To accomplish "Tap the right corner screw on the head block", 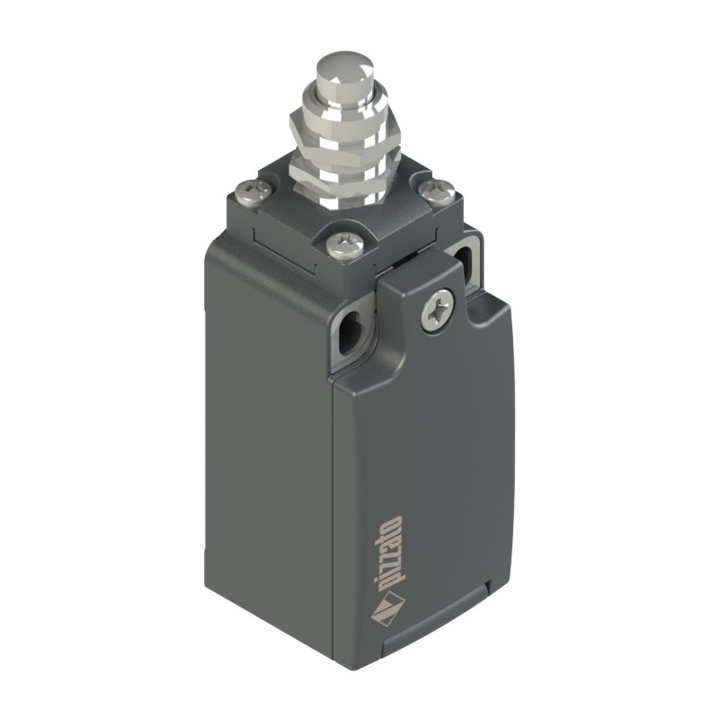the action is [437, 191].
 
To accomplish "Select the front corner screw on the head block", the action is [345, 245].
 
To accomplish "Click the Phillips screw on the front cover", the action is [438, 308].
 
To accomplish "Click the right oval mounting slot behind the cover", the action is [464, 262].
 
